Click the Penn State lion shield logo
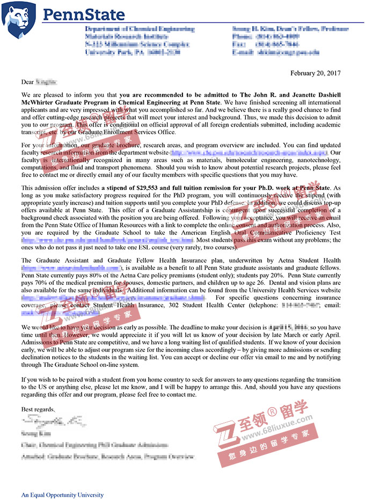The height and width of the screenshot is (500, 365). (x=19, y=17)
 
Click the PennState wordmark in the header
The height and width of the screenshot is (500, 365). (x=83, y=14)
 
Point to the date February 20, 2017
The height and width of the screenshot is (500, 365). (x=315, y=73)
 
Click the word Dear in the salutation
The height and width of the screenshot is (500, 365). (x=27, y=82)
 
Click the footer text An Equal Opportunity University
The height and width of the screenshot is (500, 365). (x=62, y=495)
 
